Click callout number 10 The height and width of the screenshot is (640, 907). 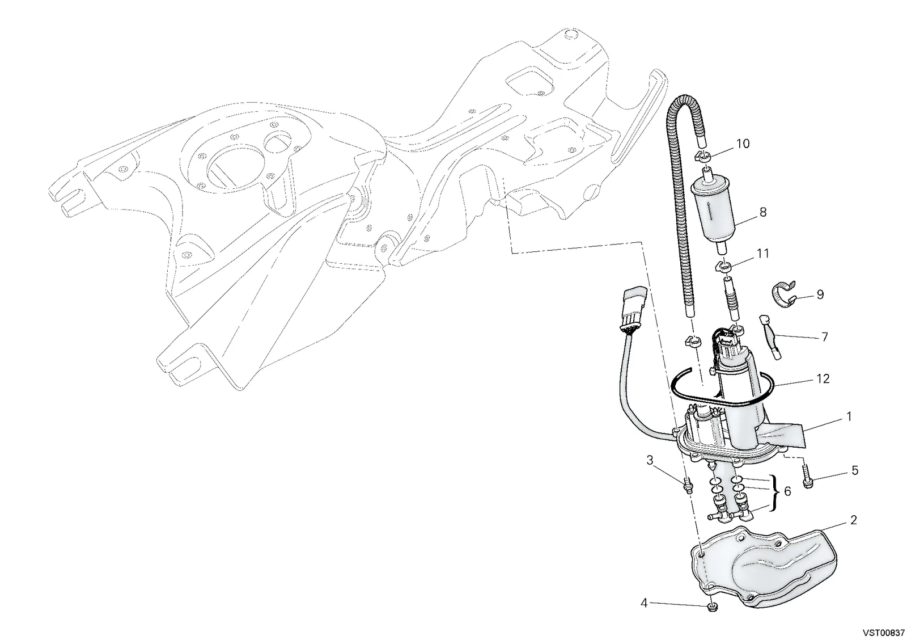pyautogui.click(x=743, y=144)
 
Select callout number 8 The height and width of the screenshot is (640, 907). pyautogui.click(x=763, y=212)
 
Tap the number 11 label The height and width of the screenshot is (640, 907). pyautogui.click(x=763, y=254)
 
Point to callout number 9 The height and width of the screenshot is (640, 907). pyautogui.click(x=820, y=294)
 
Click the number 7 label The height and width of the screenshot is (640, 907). pyautogui.click(x=824, y=337)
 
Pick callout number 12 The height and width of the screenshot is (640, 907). pyautogui.click(x=823, y=379)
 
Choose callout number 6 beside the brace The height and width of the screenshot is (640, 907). pyautogui.click(x=787, y=491)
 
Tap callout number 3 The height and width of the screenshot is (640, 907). pyautogui.click(x=650, y=461)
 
